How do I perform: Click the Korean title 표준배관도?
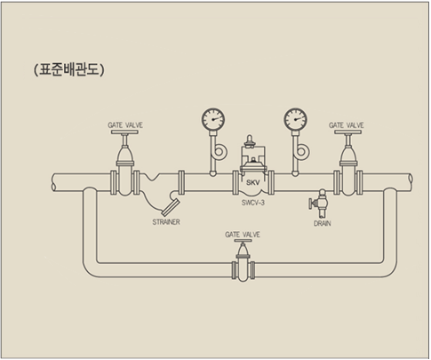coord(69,70)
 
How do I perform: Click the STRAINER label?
coord(166,222)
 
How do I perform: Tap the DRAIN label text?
coord(323,223)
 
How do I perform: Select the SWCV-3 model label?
coord(253,203)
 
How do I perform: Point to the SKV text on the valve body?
coord(253,183)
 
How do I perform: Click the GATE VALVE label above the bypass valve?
coord(243,235)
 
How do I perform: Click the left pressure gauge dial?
coord(213,119)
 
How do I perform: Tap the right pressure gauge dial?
coord(295,119)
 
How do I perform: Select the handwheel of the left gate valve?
coord(124,132)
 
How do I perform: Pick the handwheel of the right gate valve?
coord(348,132)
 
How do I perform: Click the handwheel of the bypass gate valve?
coord(243,241)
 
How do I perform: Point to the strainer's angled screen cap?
coord(171,207)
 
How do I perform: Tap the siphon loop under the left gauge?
coord(219,152)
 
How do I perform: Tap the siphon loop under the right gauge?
coord(301,152)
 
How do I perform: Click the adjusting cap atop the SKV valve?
coord(250,140)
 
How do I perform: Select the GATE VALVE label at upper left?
coord(125,125)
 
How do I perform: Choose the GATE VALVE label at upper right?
coord(347,125)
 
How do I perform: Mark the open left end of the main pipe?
coord(53,181)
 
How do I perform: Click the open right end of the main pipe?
coord(411,181)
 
